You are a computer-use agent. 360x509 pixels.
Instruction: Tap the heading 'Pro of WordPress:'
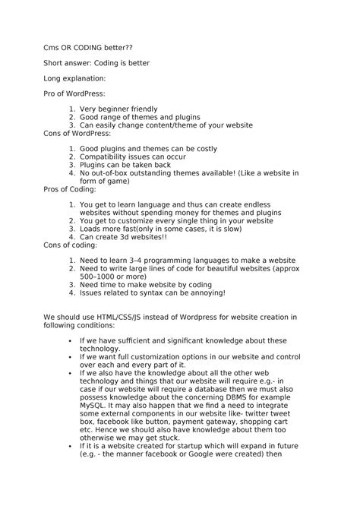(x=74, y=93)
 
